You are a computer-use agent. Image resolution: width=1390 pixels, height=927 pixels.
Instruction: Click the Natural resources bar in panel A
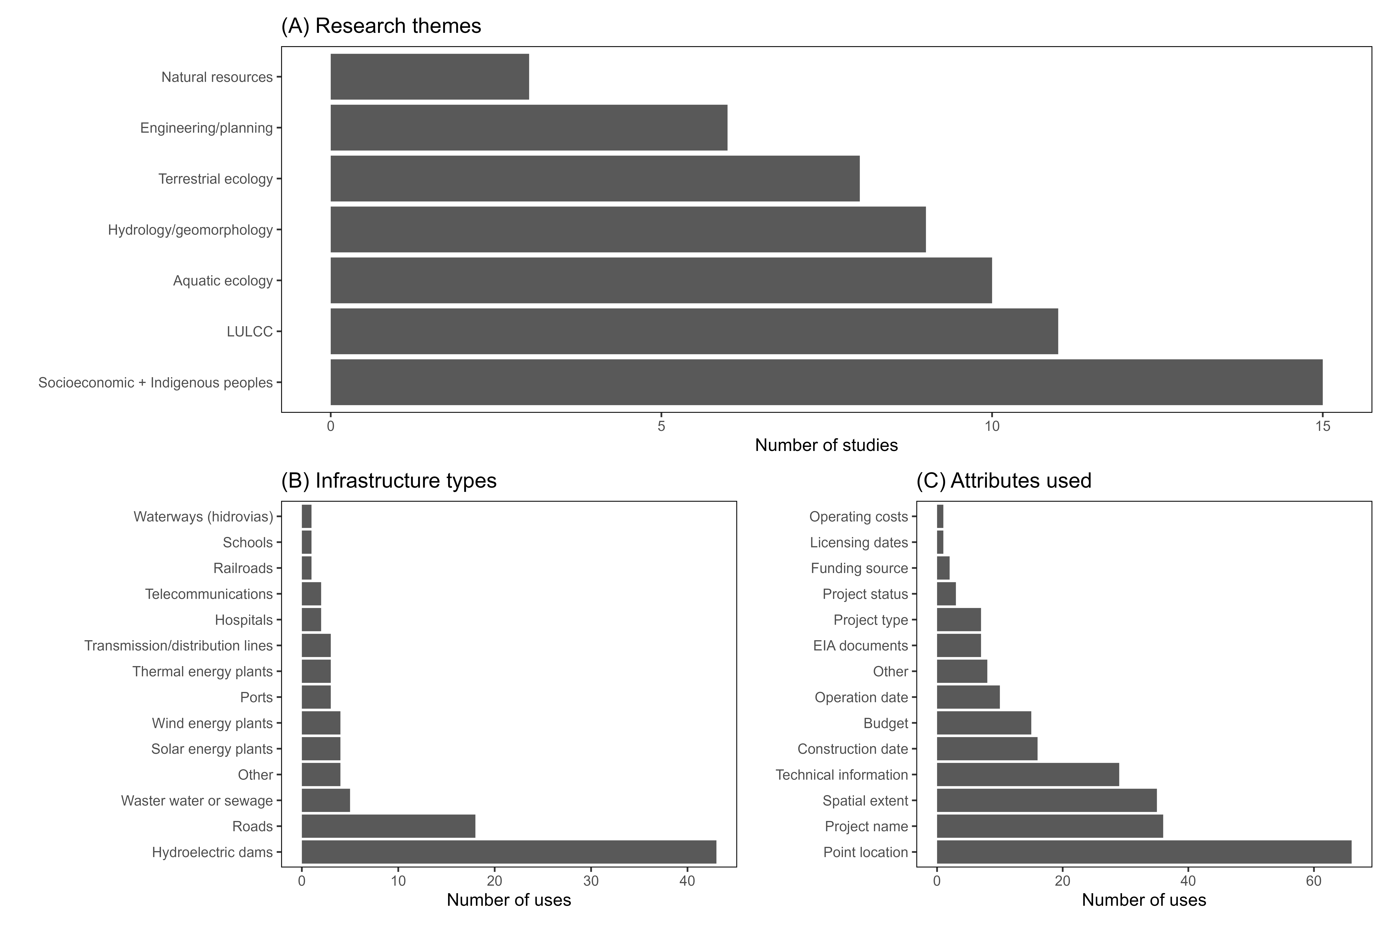[430, 77]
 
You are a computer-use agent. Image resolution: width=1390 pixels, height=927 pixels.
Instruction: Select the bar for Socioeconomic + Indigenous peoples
[826, 382]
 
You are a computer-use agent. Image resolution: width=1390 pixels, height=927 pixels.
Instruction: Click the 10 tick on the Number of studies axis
[992, 426]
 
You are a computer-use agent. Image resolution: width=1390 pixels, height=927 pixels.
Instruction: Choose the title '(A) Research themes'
[381, 26]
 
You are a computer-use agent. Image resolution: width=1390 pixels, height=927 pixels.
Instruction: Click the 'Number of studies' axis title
[826, 445]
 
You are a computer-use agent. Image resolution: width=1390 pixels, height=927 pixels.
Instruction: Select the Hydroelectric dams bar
[509, 852]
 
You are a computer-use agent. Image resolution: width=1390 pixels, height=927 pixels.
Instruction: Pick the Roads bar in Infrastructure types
[388, 826]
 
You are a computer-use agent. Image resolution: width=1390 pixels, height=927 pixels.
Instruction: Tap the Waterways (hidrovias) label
[203, 517]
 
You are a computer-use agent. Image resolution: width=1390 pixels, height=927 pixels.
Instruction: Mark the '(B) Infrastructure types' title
[389, 481]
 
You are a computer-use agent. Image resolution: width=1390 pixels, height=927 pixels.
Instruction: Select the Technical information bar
[1028, 774]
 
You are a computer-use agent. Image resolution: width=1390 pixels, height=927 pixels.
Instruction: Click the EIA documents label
[860, 646]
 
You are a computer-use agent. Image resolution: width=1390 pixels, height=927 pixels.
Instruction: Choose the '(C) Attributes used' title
[1004, 481]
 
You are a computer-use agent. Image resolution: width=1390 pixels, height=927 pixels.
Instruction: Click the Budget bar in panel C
[984, 723]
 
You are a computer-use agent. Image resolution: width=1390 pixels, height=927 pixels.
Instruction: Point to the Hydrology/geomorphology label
[190, 230]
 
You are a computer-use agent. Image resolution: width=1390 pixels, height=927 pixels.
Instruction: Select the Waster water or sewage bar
[326, 801]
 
